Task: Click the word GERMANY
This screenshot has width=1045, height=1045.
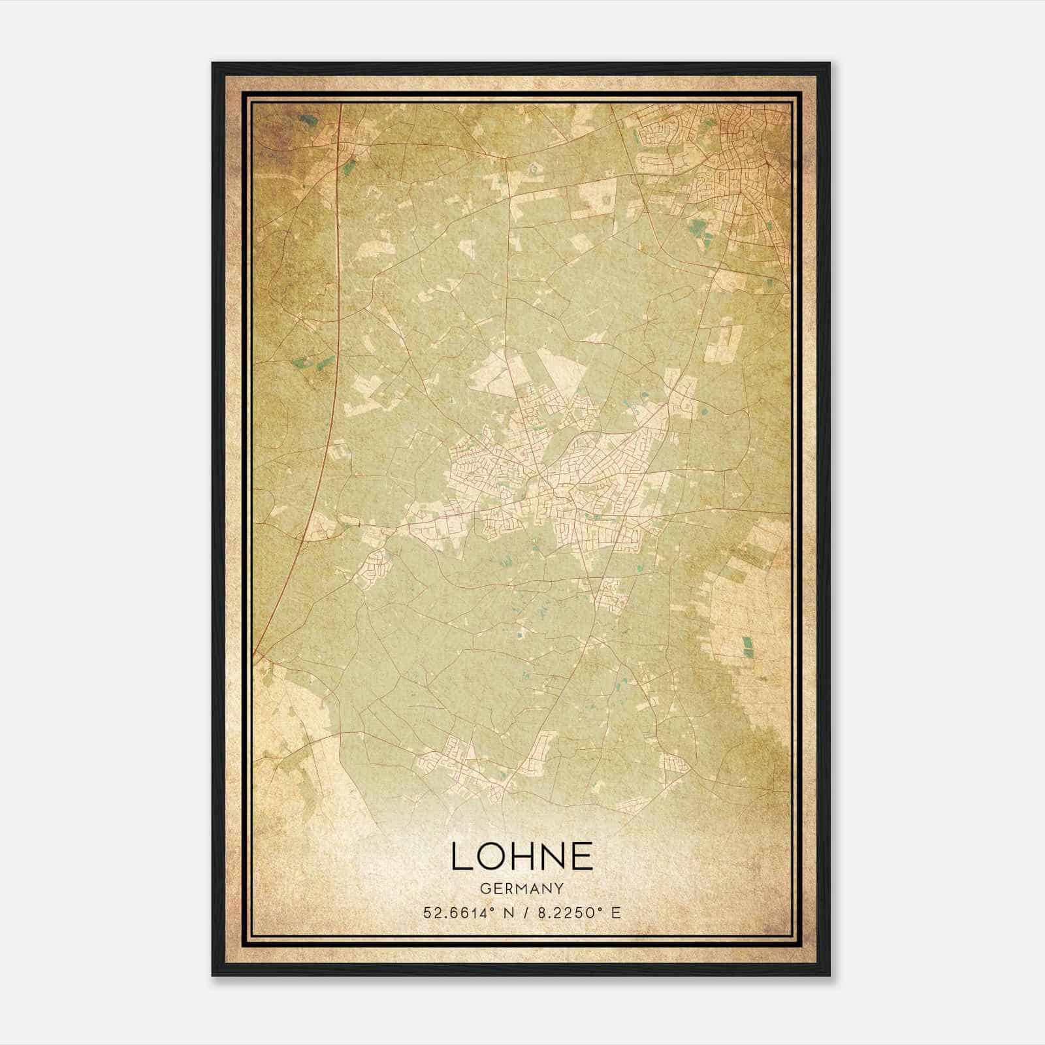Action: (521, 889)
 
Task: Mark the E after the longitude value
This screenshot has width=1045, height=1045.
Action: (616, 913)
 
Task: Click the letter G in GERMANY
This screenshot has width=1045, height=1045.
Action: (484, 889)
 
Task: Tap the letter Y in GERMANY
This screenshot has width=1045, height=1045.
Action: (559, 889)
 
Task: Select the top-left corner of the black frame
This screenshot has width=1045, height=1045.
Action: (213, 63)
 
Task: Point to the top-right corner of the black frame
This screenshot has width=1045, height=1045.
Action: (829, 63)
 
